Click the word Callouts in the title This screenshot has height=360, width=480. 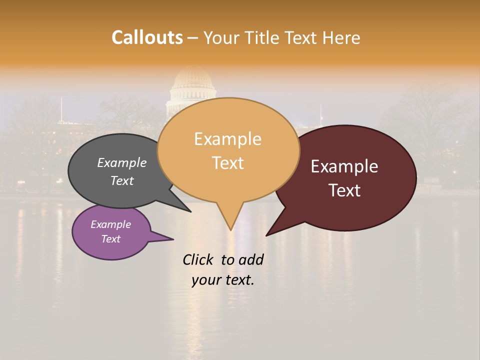click(x=147, y=37)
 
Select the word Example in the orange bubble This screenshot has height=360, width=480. click(x=227, y=139)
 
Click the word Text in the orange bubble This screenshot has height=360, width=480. click(x=227, y=163)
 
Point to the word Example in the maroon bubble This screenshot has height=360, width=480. click(x=344, y=166)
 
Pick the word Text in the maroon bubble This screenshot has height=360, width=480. click(x=344, y=190)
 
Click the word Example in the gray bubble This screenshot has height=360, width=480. click(x=121, y=163)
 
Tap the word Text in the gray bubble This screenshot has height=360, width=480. click(x=121, y=180)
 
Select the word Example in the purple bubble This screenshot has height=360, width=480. click(x=110, y=224)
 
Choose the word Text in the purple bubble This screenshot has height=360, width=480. click(x=110, y=239)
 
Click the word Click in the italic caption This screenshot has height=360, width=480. click(x=198, y=259)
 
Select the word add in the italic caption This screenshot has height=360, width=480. click(x=251, y=259)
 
